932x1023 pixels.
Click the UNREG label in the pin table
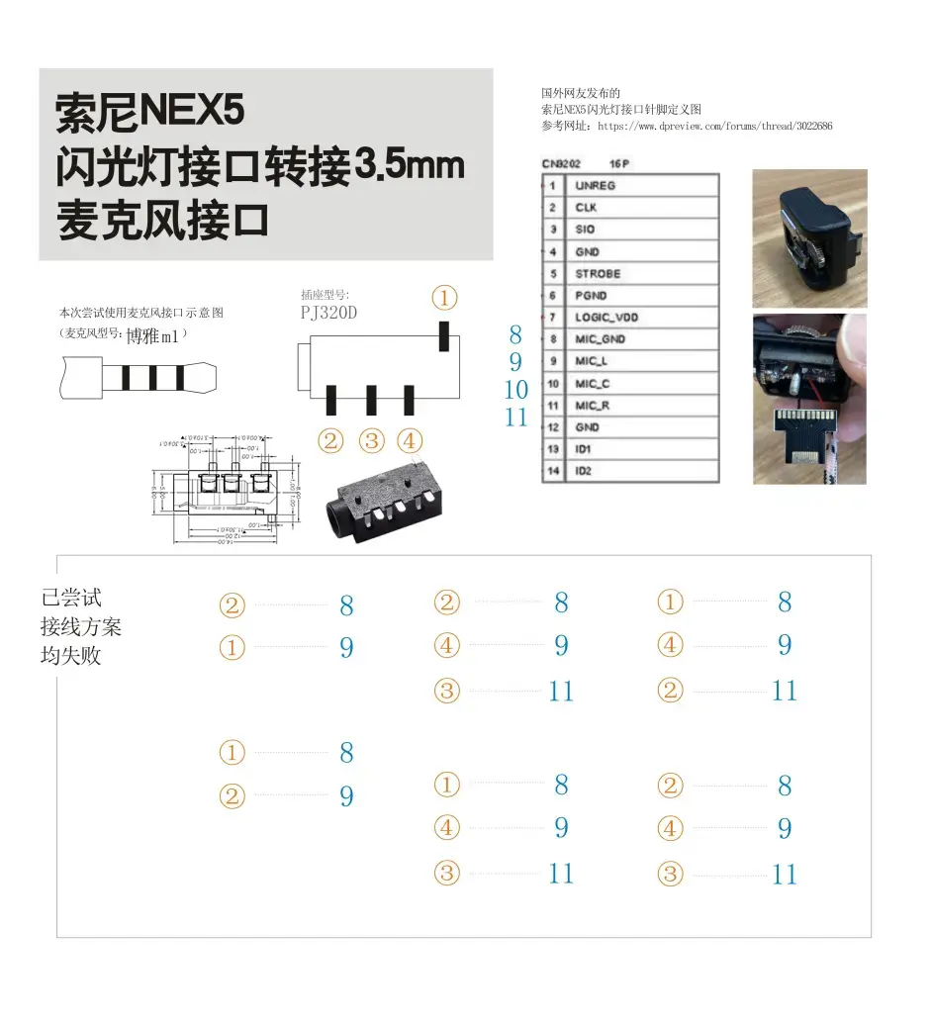pos(595,185)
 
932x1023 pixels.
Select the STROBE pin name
pos(598,273)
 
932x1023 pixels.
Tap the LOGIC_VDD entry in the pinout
pos(606,317)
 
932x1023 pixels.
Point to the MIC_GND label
pos(600,338)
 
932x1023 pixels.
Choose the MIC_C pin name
pos(592,383)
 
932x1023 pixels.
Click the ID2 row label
pos(583,471)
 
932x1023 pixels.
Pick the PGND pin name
pos(591,295)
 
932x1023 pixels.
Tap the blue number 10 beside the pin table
pos(516,390)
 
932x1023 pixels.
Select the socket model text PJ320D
pos(329,313)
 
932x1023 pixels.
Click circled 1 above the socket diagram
pos(445,298)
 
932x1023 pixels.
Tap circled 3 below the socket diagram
pos(371,440)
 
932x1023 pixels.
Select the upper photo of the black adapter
pos(808,237)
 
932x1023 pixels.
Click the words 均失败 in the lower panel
pos(70,656)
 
